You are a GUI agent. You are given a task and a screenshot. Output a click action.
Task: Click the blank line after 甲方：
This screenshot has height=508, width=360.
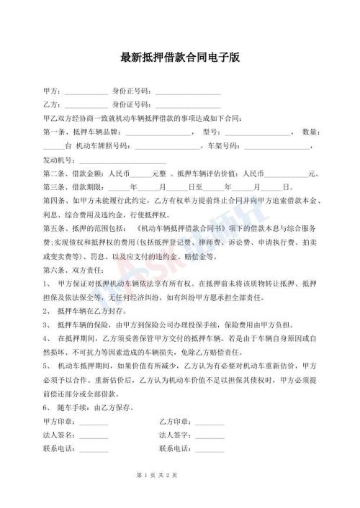[x=86, y=92]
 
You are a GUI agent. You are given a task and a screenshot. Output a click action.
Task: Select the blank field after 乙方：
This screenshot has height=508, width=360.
[x=86, y=105]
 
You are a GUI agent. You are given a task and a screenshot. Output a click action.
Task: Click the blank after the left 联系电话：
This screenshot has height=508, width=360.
[x=94, y=450]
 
